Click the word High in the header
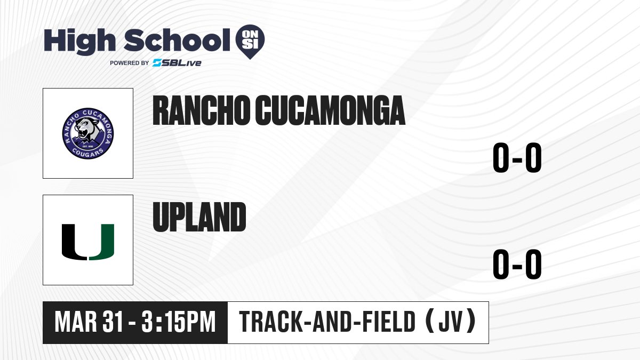(x=79, y=41)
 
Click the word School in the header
(x=177, y=40)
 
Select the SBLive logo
(x=177, y=63)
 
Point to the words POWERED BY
(x=129, y=63)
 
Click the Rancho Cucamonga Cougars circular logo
(x=88, y=133)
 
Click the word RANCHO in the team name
(x=201, y=110)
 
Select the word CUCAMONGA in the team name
(x=330, y=110)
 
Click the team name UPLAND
(x=199, y=217)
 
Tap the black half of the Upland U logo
(x=74, y=242)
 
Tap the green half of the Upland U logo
(x=101, y=242)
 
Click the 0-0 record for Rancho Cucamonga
(x=517, y=157)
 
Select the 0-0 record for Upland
(x=517, y=265)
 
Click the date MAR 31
(x=89, y=322)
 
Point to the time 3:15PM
(x=179, y=322)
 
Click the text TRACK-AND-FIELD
(x=327, y=322)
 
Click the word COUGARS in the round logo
(x=87, y=154)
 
